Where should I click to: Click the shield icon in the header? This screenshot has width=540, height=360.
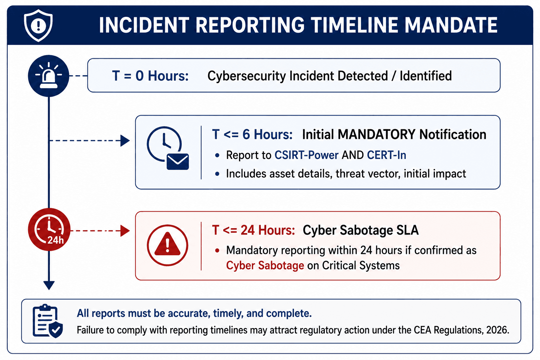[x=38, y=26]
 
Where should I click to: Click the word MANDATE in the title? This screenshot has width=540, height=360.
[x=451, y=25]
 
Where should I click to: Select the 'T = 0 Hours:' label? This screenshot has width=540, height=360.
[x=150, y=76]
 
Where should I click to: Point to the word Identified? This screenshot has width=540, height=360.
[x=426, y=76]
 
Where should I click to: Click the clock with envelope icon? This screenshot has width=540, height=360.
[x=168, y=148]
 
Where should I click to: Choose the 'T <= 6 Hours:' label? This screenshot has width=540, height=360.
[x=252, y=134]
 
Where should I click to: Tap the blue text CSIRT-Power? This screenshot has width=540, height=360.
[x=307, y=155]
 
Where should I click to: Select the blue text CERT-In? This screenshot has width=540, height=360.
[x=386, y=155]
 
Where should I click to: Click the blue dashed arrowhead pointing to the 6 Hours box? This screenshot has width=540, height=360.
[x=125, y=141]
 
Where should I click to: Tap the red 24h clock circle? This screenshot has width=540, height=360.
[x=49, y=229]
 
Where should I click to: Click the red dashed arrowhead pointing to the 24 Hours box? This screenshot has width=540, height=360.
[x=125, y=231]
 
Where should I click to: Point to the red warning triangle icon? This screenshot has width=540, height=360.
[x=167, y=245]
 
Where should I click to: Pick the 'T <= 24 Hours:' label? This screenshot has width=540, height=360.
[x=253, y=230]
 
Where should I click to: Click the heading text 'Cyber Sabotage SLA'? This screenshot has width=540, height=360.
[x=361, y=230]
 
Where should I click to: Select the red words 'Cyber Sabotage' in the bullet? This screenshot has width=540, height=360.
[x=265, y=265]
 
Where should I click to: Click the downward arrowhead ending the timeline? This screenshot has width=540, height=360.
[x=49, y=285]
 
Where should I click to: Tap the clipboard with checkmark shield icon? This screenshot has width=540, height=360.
[x=48, y=321]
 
